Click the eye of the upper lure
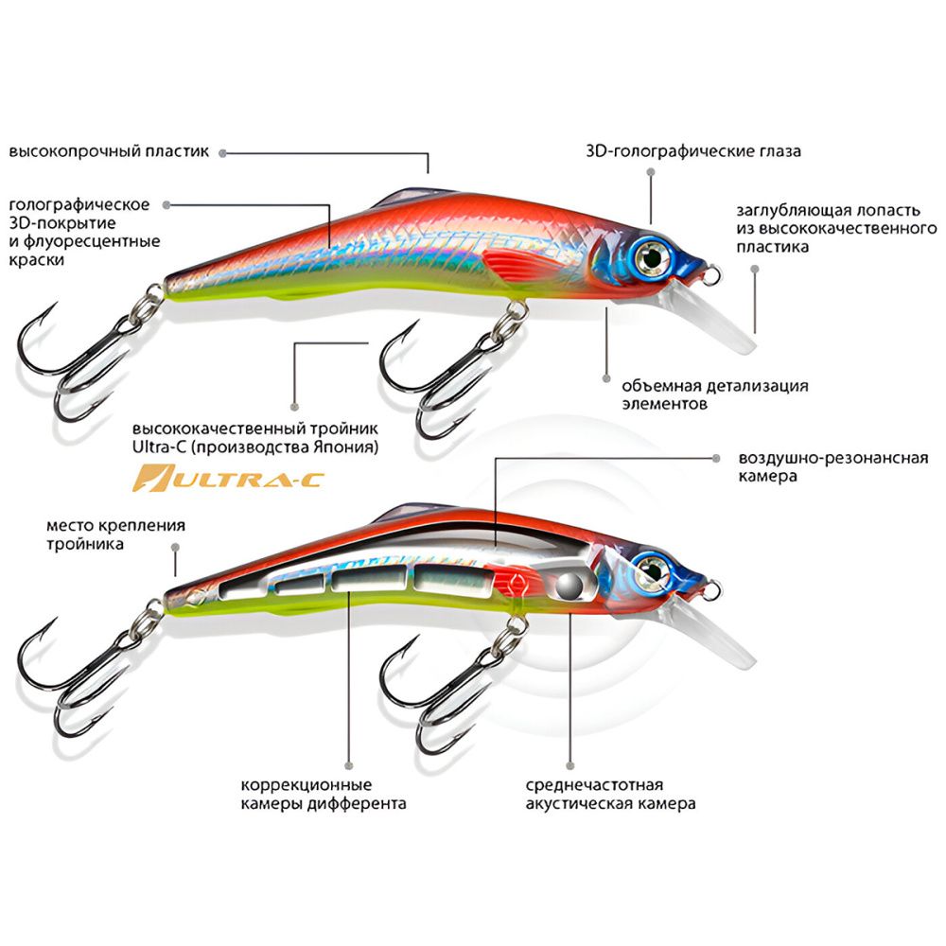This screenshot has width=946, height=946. (x=651, y=253)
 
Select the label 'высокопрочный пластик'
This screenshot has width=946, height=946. (x=109, y=151)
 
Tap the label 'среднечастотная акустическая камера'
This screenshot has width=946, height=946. (x=611, y=795)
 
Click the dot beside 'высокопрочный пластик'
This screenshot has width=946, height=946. (x=220, y=151)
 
